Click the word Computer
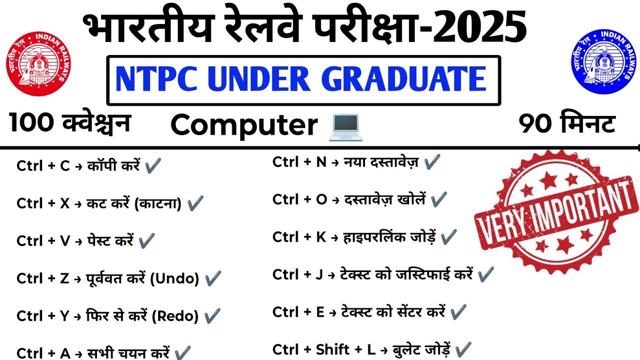[x=244, y=125]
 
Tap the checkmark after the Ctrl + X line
[x=194, y=203]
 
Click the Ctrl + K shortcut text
[x=299, y=237]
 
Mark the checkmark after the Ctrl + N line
[x=431, y=162]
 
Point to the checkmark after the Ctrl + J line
[x=485, y=274]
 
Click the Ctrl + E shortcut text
[x=298, y=312]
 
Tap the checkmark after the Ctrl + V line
[x=146, y=241]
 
